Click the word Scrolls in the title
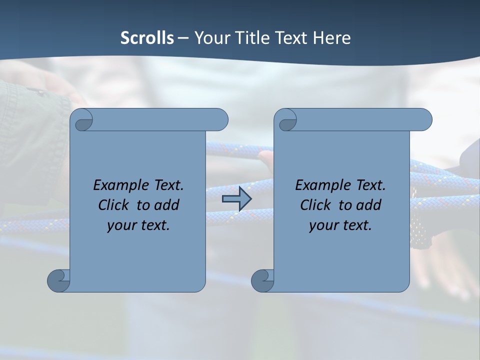147,38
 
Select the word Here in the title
332,38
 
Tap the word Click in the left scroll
113,205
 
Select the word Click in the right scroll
315,205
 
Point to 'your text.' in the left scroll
138,225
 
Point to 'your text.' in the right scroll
340,225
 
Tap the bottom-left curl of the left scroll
59,280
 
